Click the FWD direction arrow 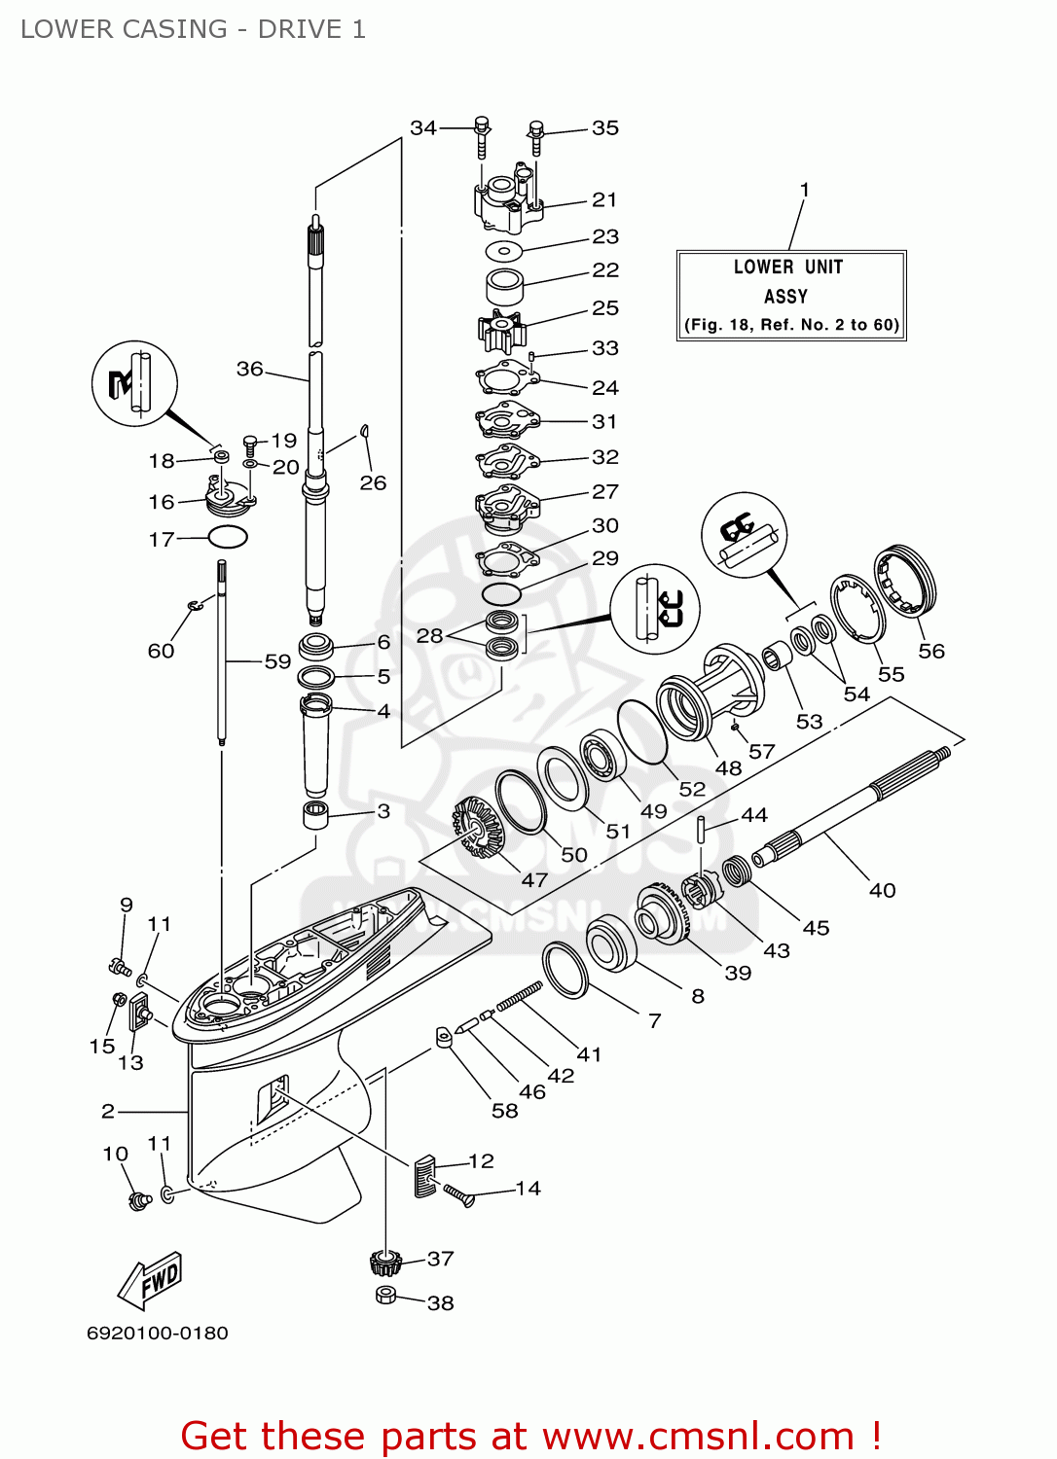point(149,1280)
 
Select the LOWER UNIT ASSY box point(791,295)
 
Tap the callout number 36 point(249,369)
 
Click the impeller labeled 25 point(502,331)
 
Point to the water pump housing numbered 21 point(508,198)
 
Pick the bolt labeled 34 point(482,137)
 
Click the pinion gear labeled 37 point(384,1263)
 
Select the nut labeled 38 point(386,1295)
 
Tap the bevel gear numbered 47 point(479,829)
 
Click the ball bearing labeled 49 point(602,756)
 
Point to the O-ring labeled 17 point(228,537)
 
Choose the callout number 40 point(882,890)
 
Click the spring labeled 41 point(520,997)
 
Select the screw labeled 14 point(458,1195)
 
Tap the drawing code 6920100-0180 point(158,1333)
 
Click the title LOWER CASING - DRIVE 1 point(193,29)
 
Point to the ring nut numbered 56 point(904,581)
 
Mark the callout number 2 point(108,1111)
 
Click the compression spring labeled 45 point(737,872)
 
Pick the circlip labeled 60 point(195,606)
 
